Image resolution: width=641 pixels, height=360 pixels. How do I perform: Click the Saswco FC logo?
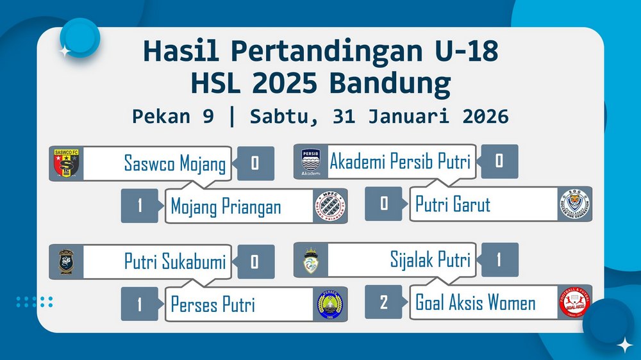coord(66,163)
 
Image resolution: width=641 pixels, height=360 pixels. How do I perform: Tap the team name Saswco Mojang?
coord(175,163)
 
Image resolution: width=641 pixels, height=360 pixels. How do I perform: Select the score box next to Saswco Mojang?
coord(256,163)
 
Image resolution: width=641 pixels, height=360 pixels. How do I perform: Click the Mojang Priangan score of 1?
coord(140,206)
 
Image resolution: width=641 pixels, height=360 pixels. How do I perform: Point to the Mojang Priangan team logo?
coord(330,206)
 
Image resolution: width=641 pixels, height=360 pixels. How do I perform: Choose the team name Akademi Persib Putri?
coord(400,161)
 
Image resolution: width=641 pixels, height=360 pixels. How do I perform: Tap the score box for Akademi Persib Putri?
coord(499,161)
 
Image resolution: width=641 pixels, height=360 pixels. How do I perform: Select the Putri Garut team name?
coord(453,204)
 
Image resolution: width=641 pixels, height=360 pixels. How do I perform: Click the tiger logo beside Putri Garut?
coord(575,204)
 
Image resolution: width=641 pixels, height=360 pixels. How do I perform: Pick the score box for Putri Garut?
coord(383,204)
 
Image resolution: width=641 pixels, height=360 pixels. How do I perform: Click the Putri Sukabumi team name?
coord(175,261)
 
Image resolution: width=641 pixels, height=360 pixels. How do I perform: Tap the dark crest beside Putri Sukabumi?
coord(66,261)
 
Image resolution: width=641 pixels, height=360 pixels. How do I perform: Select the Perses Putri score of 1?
coord(140,304)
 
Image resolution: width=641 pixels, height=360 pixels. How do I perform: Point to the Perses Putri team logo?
coord(330,304)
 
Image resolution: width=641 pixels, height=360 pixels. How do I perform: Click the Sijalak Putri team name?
coord(431,259)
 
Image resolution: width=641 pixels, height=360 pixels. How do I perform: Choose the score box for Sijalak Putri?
coord(499,259)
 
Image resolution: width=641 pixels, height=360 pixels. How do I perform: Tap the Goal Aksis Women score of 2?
coord(383,302)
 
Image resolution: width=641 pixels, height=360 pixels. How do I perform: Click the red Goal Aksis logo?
coord(575,302)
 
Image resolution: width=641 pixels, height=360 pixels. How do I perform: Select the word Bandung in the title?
coord(390,83)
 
